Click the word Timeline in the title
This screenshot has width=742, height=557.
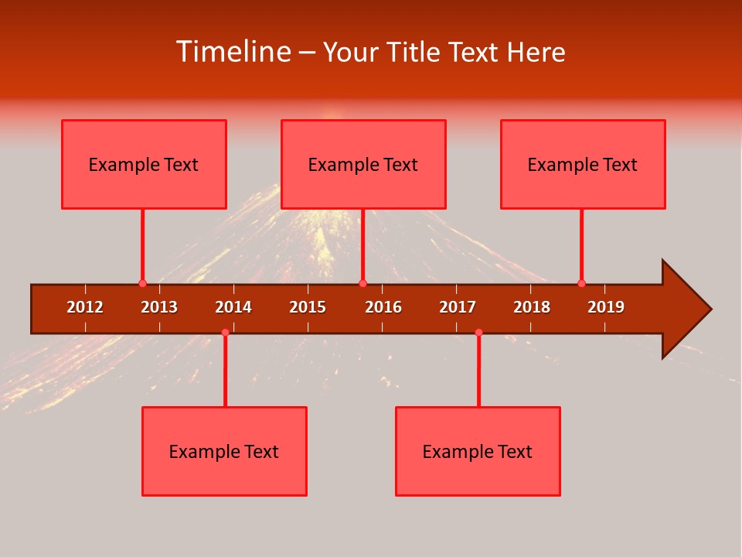pyautogui.click(x=233, y=52)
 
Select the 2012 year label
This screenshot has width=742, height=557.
pyautogui.click(x=85, y=307)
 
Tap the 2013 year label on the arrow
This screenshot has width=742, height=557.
pyautogui.click(x=159, y=307)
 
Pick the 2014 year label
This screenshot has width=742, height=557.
pyautogui.click(x=233, y=307)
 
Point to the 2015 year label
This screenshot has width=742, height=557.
pyautogui.click(x=308, y=307)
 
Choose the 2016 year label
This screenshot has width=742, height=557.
pyautogui.click(x=383, y=307)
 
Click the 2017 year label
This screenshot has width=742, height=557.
pyautogui.click(x=458, y=307)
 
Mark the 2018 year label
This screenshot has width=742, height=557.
pyautogui.click(x=532, y=307)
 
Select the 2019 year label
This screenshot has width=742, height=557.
pyautogui.click(x=606, y=307)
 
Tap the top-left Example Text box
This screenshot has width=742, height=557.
pyautogui.click(x=144, y=164)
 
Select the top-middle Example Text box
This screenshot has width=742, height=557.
pyautogui.click(x=363, y=164)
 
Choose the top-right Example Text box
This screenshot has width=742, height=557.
pyautogui.click(x=583, y=164)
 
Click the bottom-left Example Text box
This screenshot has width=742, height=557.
pyautogui.click(x=224, y=451)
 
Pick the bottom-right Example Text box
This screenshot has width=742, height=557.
pyautogui.click(x=478, y=451)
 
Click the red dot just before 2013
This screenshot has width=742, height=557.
pyautogui.click(x=142, y=283)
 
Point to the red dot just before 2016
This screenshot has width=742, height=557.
pyautogui.click(x=362, y=283)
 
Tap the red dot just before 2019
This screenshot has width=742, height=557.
pyautogui.click(x=581, y=283)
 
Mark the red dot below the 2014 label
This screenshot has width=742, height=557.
pyautogui.click(x=225, y=332)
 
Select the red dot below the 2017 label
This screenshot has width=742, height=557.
pyautogui.click(x=478, y=332)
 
